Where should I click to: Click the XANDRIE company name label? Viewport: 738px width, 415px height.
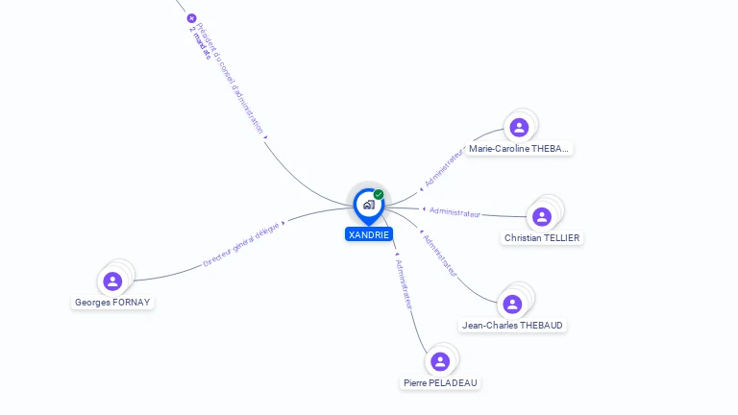pos(369,234)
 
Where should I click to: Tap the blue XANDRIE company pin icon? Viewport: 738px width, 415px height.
pos(368,205)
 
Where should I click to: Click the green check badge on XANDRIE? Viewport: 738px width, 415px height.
pos(379,194)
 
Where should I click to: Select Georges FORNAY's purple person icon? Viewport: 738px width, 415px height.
pos(112,281)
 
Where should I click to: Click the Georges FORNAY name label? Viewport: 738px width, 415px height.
pos(113,303)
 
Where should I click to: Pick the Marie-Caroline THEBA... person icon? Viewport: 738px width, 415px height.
pos(519,128)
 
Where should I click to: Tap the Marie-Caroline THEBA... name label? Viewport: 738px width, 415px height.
pos(520,149)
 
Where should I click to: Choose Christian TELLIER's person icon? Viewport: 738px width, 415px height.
pos(542,216)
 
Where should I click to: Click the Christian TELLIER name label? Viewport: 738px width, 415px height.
pos(543,237)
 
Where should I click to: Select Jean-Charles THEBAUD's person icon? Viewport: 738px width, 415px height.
pos(512,304)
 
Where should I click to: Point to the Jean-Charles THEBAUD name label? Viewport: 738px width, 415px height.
pos(512,326)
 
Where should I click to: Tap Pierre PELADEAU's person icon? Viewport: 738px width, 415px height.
pos(440,361)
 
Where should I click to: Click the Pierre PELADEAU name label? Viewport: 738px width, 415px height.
pos(440,382)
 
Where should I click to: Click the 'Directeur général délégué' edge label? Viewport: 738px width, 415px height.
pos(241,243)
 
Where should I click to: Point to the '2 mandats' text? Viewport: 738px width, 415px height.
pos(199,43)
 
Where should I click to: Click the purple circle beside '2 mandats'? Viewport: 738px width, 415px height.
pos(191,18)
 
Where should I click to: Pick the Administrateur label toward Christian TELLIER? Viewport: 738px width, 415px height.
pos(455,211)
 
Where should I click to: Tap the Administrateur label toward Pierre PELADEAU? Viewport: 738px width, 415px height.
pos(405,282)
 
